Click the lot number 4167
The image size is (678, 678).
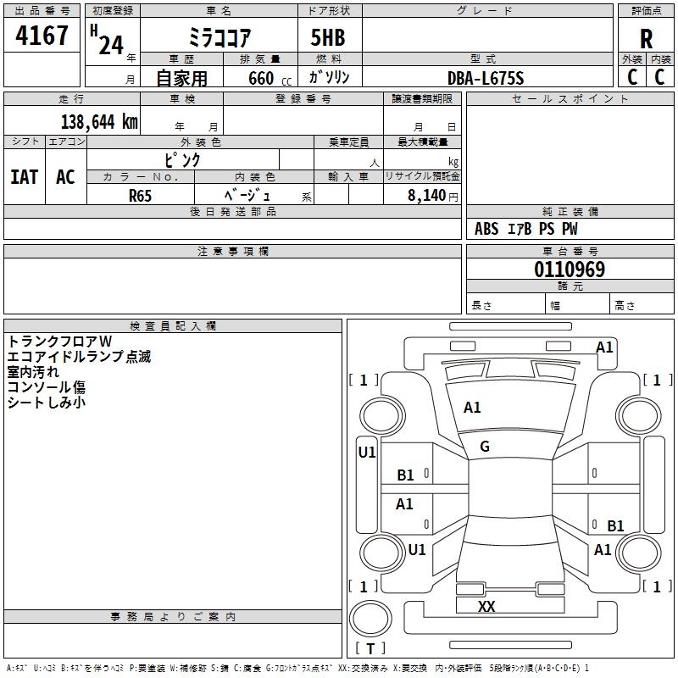(x=42, y=35)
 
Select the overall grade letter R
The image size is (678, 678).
(x=646, y=39)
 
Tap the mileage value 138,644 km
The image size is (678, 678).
(x=99, y=121)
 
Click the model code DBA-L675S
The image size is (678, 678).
(x=486, y=78)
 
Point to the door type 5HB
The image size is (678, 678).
(x=328, y=37)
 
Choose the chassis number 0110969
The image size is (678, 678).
(x=570, y=269)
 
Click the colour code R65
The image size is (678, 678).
(x=140, y=196)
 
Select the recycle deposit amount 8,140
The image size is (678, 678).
(x=426, y=195)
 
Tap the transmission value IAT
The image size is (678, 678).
(x=25, y=177)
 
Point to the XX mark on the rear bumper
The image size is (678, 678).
(x=486, y=606)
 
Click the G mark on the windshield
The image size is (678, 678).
(x=485, y=447)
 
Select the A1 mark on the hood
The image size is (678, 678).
(x=472, y=408)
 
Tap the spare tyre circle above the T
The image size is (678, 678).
(x=370, y=619)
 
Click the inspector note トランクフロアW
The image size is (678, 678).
(x=59, y=342)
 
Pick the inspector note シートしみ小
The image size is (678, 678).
(x=47, y=403)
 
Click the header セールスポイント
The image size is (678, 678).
(x=570, y=98)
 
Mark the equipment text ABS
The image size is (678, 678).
(x=486, y=229)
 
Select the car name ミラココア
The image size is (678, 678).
(x=220, y=37)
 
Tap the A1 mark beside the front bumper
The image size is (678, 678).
(x=604, y=347)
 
